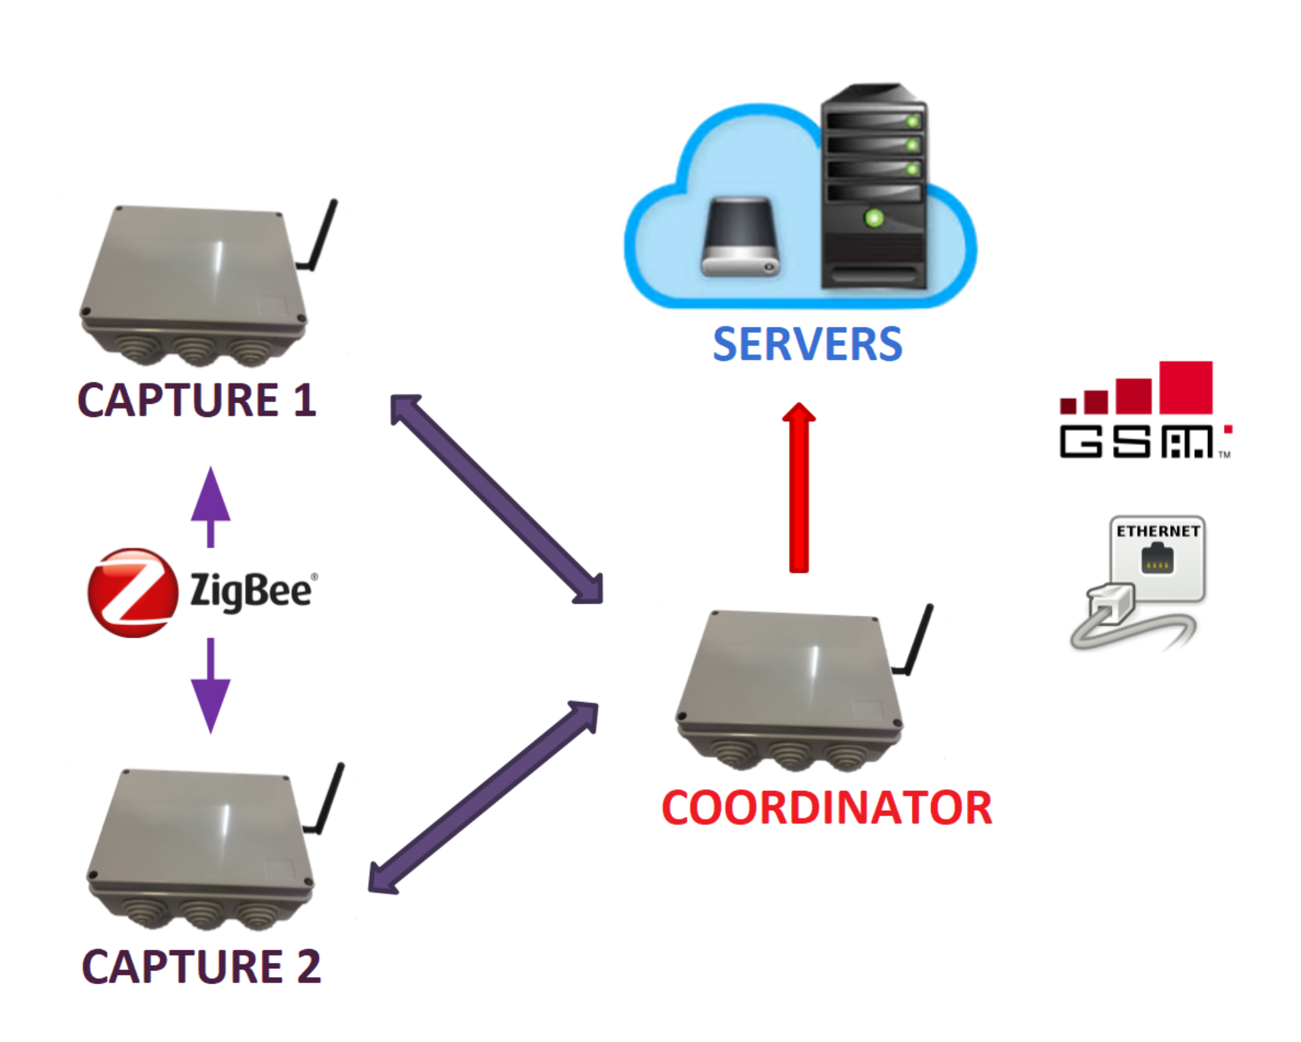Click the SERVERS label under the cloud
coord(807,345)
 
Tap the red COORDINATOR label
coord(826,808)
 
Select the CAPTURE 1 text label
coord(197,400)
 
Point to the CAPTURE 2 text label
coord(201,966)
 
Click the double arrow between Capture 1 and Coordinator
coord(497,499)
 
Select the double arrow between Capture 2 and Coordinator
coord(483,798)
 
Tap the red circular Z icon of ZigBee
coord(133,592)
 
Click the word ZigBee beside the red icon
coord(251,591)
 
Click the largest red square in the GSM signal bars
coord(1185,388)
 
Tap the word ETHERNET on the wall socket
coord(1158,531)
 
